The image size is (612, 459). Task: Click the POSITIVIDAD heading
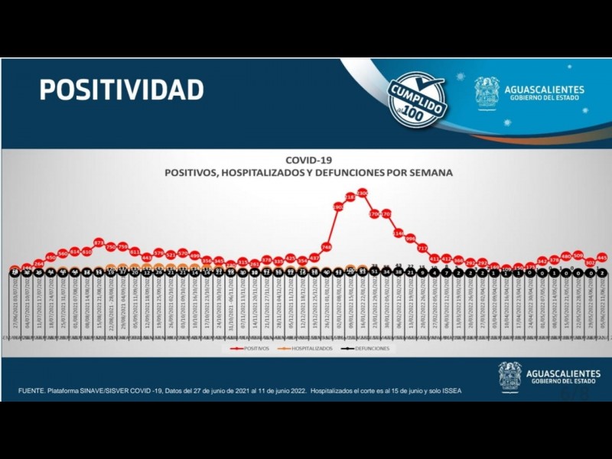122,90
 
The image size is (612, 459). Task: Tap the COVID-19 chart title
308,161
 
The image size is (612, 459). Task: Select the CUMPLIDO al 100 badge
418,99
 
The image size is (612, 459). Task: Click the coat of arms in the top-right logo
487,93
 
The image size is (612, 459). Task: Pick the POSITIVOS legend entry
250,348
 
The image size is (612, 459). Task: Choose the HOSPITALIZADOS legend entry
307,348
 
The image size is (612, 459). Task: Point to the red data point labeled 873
99,242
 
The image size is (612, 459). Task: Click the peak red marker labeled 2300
362,192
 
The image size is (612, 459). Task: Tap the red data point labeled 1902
338,207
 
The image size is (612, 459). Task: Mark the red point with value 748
326,247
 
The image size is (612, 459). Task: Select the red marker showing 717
422,248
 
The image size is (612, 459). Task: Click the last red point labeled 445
603,257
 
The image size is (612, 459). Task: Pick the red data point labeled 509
578,255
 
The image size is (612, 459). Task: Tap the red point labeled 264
39,263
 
